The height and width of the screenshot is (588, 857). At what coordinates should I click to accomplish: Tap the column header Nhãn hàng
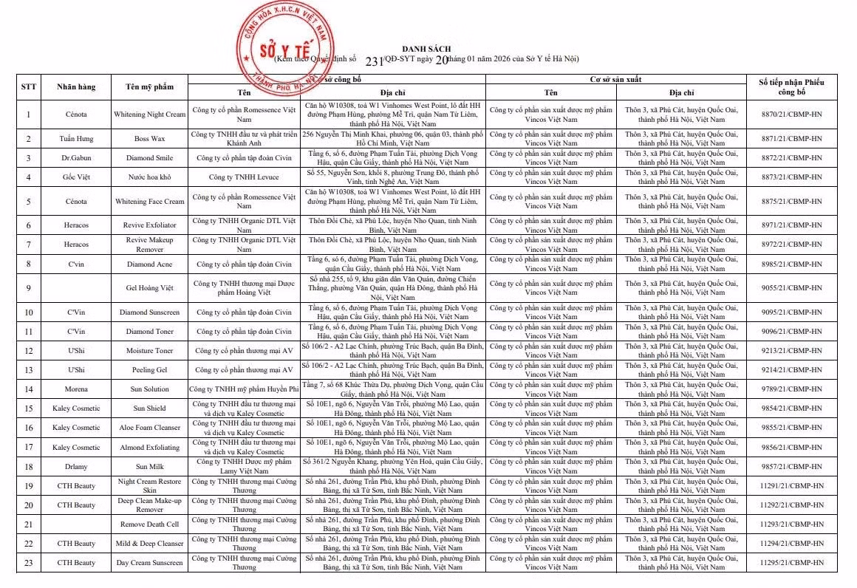coord(77,86)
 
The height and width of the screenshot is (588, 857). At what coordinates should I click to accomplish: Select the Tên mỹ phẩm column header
coord(150,86)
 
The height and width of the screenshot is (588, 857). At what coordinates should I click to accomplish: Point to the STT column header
coord(29,86)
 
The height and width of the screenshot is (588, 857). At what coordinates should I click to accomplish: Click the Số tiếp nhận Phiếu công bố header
coord(791,86)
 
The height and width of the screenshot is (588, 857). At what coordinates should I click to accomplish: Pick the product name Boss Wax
coord(150,139)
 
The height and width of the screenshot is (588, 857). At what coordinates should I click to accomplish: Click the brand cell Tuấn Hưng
coord(77,139)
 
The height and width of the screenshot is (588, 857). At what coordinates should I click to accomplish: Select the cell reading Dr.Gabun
coord(77,158)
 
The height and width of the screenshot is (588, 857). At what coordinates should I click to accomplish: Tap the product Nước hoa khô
coord(150,177)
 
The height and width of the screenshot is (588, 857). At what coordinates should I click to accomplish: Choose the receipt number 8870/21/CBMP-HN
coord(791,114)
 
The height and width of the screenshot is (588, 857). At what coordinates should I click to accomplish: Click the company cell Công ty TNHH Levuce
coord(244,177)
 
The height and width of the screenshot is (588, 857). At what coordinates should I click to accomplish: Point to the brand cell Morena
coord(77,389)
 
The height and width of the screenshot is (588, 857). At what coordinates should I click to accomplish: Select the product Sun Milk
coord(150,466)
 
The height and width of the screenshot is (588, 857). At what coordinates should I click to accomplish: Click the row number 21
coord(29,524)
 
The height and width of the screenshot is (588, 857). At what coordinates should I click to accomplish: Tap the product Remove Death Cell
coord(150,524)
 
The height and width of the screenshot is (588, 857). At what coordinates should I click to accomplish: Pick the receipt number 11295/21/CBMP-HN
coord(791,563)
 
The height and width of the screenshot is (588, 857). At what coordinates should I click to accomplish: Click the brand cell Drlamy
coord(77,466)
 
